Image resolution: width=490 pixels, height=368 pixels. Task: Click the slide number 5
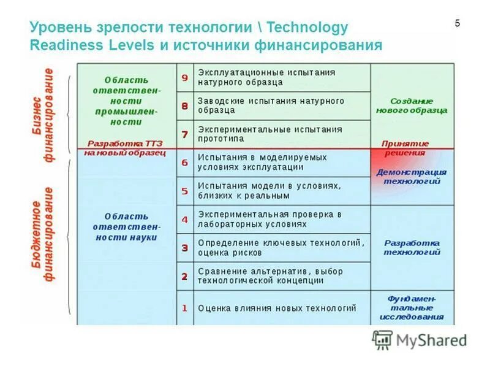pyautogui.click(x=457, y=23)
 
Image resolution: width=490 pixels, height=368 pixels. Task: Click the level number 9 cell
pyautogui.click(x=184, y=77)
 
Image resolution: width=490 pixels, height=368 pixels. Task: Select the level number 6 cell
pyautogui.click(x=184, y=163)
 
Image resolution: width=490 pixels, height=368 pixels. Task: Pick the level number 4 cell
pyautogui.click(x=184, y=219)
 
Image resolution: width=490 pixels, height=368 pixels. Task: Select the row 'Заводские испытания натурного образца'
pyautogui.click(x=271, y=105)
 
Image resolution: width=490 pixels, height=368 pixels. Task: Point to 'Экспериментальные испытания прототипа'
pyautogui.click(x=269, y=134)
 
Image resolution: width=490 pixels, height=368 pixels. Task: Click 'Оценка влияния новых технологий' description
pyautogui.click(x=276, y=308)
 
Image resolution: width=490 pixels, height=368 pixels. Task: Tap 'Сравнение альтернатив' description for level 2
pyautogui.click(x=270, y=276)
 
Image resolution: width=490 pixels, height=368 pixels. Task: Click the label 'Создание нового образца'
pyautogui.click(x=412, y=105)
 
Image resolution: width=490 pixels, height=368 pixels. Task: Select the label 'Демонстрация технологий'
pyautogui.click(x=412, y=177)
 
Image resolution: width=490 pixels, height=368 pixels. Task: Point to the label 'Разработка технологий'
pyautogui.click(x=412, y=247)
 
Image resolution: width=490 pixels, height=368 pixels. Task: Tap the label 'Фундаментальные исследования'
pyautogui.click(x=412, y=308)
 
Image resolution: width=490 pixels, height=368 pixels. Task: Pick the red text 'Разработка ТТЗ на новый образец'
pyautogui.click(x=126, y=147)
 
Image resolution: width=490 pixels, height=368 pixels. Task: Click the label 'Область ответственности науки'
pyautogui.click(x=126, y=227)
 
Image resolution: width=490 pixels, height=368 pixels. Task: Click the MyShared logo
pyautogui.click(x=420, y=340)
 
